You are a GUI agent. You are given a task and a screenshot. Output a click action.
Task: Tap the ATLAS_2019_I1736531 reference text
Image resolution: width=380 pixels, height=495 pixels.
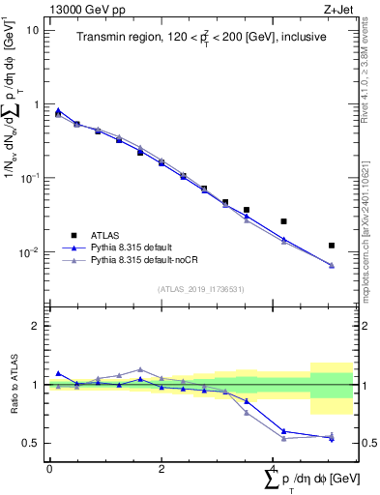[200, 289]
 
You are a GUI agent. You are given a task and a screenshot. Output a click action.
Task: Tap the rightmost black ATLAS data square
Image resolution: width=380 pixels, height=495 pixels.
[332, 246]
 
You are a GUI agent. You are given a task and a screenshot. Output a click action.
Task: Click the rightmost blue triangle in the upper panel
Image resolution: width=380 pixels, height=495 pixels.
[332, 265]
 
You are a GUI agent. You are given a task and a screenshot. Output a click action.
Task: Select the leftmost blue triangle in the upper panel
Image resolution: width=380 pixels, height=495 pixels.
[58, 110]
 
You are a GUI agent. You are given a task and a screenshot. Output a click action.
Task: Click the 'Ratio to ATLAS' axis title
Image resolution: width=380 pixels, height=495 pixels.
[14, 385]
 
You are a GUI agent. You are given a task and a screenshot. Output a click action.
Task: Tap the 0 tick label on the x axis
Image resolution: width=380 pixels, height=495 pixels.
[49, 469]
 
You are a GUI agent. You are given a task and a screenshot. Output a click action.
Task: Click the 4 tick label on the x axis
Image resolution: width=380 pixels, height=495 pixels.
[274, 469]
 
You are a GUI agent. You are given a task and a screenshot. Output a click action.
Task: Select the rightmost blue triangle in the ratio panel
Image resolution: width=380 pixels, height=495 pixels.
[332, 438]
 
